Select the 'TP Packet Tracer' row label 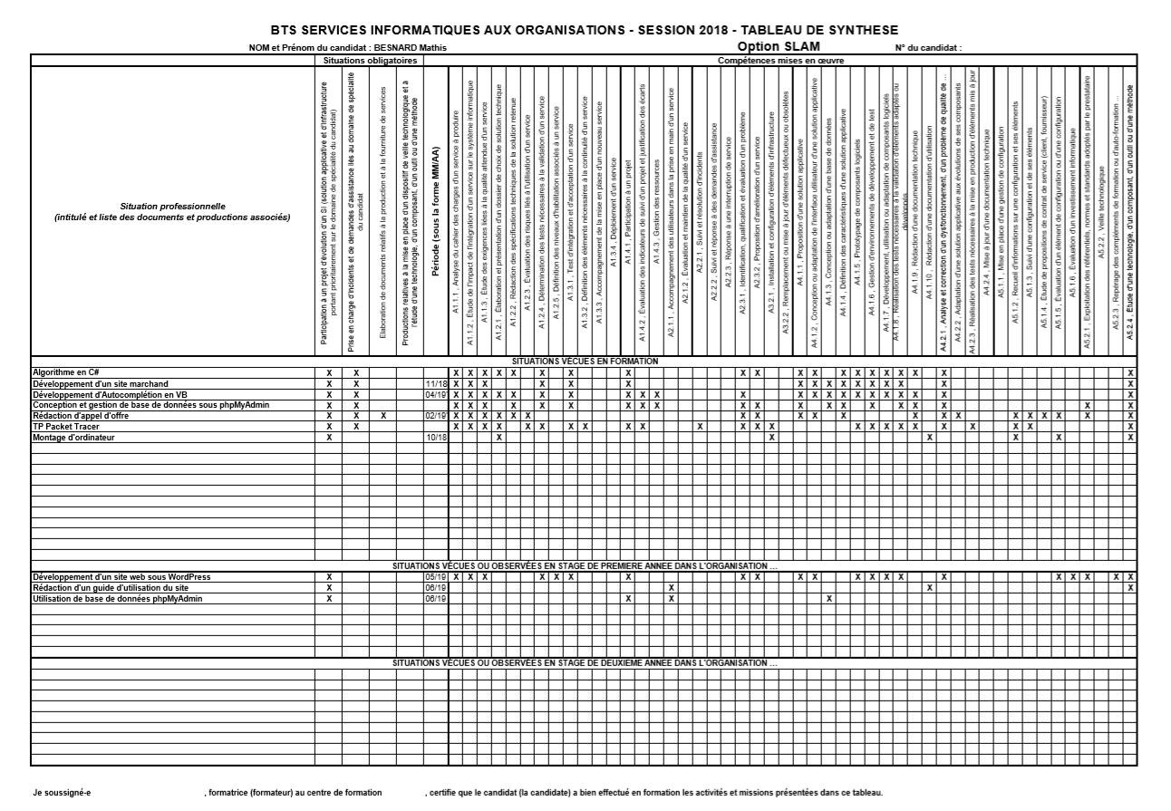click(x=64, y=426)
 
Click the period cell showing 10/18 click(x=436, y=437)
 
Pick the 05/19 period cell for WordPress click(x=436, y=577)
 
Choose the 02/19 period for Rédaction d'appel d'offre click(x=436, y=416)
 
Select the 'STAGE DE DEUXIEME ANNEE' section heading click(x=585, y=662)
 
